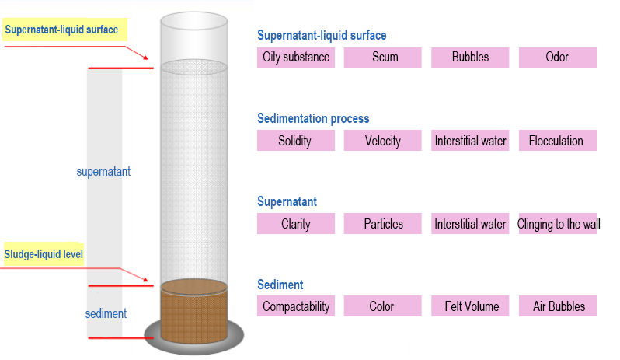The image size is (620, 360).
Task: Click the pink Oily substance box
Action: click(x=296, y=58)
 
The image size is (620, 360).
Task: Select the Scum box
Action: click(x=383, y=58)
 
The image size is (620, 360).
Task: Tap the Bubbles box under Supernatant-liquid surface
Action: click(x=470, y=58)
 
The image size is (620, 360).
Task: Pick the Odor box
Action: click(x=557, y=58)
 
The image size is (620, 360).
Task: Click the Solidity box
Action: click(x=295, y=141)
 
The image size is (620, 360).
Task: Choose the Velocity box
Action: click(x=383, y=141)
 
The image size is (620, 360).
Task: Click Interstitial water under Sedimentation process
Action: click(x=470, y=141)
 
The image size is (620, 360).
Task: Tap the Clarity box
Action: click(x=295, y=224)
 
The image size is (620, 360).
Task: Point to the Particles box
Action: click(x=383, y=224)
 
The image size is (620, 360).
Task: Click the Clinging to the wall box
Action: click(x=559, y=224)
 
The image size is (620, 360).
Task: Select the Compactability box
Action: click(x=296, y=306)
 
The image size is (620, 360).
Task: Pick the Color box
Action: click(x=382, y=306)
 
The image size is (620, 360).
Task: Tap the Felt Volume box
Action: click(x=470, y=306)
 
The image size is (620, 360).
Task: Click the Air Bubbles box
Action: click(x=558, y=306)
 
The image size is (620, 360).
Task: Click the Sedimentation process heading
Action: click(x=313, y=119)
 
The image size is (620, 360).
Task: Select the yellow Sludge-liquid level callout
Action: click(x=44, y=254)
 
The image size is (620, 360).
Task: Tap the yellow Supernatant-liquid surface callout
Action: click(x=62, y=31)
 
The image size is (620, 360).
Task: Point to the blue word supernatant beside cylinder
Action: click(x=103, y=172)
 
